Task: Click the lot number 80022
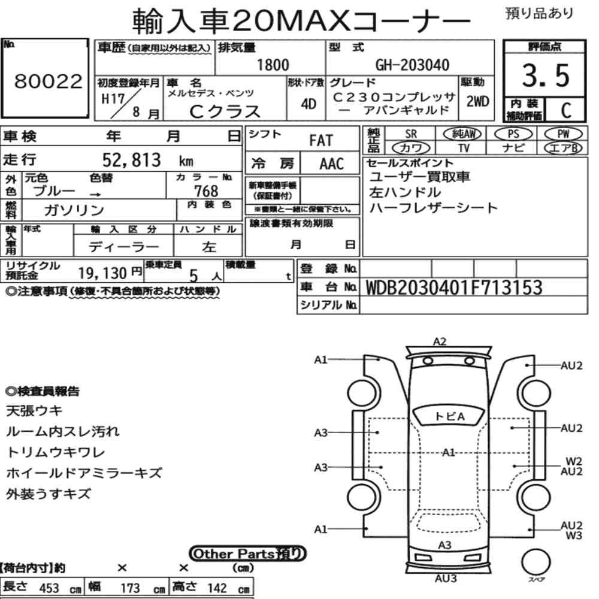pos(48,81)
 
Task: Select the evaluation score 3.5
pos(546,75)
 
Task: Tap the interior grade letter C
pos(566,110)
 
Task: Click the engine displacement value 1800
pos(273,65)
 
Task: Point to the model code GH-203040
pos(412,65)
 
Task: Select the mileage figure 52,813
pos(132,160)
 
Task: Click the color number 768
pos(206,191)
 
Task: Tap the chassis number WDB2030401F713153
pos(454,288)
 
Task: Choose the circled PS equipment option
pos(513,134)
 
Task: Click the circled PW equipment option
pos(563,134)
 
